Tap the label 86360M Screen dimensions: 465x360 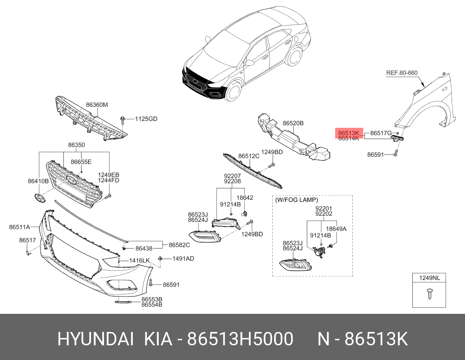click(x=97, y=105)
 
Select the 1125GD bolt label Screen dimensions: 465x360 click(x=146, y=118)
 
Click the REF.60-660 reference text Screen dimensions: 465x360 click(x=401, y=73)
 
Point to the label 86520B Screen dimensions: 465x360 click(x=293, y=123)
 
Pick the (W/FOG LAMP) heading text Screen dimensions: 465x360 click(x=297, y=200)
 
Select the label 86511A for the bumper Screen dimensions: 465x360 click(x=19, y=227)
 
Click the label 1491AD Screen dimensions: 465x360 click(x=183, y=259)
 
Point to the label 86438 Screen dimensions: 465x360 click(x=144, y=249)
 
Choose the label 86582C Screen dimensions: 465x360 click(x=179, y=245)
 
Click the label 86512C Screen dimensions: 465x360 click(x=249, y=156)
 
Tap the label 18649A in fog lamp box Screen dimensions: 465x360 click(x=336, y=229)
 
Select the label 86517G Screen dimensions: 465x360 click(x=381, y=133)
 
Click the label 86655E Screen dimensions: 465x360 click(x=81, y=162)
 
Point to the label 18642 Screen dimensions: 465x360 click(x=245, y=198)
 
